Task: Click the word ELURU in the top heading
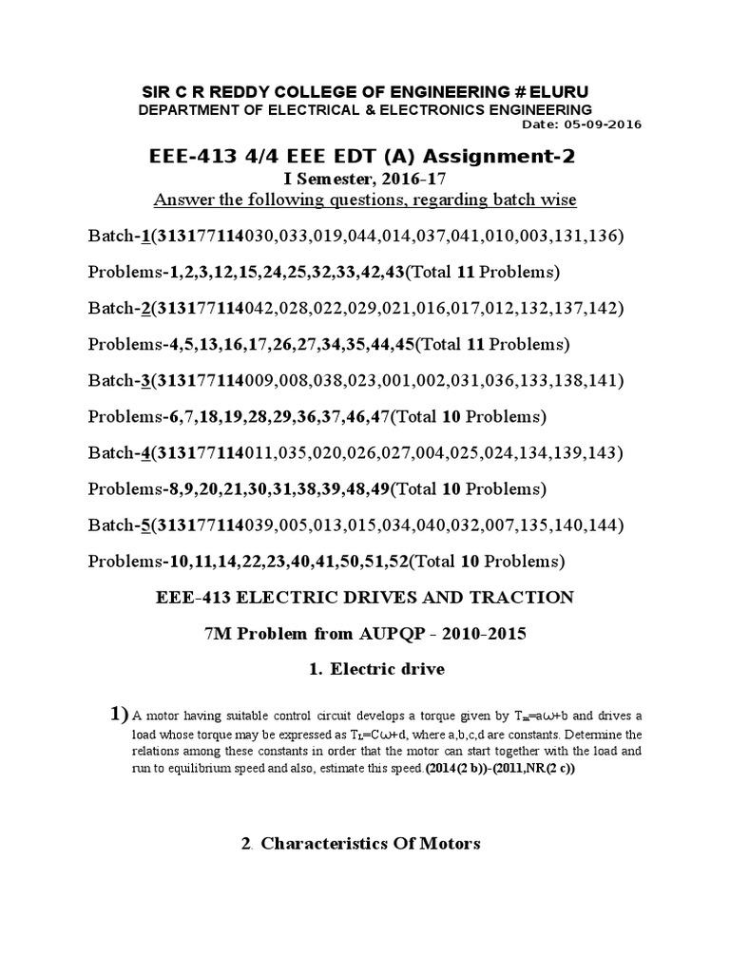point(562,90)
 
